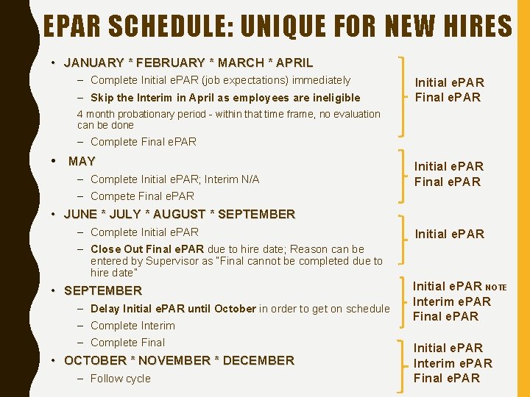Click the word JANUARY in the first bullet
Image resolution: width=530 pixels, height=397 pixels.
point(94,63)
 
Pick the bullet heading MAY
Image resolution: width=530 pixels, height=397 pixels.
point(82,162)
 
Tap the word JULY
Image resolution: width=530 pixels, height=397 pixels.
point(134,215)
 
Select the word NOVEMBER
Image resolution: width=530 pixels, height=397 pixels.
point(174,361)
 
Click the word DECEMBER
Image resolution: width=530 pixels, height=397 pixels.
point(258,361)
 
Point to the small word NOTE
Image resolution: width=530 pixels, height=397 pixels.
point(496,287)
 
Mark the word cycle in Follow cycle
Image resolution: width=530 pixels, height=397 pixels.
point(137,379)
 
